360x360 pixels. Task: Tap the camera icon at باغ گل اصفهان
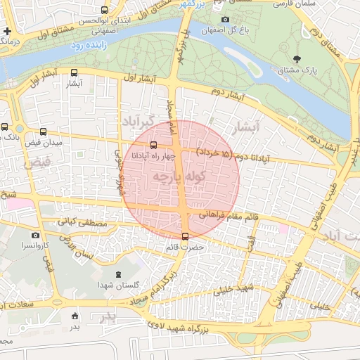click(x=225, y=20)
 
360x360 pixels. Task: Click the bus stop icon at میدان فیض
click(x=44, y=131)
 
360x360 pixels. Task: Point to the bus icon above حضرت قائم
click(x=185, y=236)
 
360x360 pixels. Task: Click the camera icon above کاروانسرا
click(x=35, y=236)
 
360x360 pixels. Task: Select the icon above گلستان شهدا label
click(x=117, y=274)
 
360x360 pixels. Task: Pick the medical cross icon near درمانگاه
click(x=7, y=32)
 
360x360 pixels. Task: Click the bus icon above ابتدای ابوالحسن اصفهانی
click(x=105, y=10)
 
